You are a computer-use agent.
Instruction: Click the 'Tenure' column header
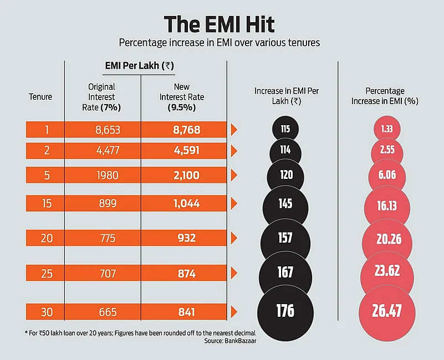click(40, 96)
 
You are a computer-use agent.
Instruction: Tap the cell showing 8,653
click(103, 130)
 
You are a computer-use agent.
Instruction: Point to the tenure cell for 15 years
click(45, 203)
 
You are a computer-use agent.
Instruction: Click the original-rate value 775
click(103, 238)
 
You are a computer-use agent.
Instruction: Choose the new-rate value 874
click(183, 272)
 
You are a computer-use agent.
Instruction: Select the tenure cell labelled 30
click(45, 312)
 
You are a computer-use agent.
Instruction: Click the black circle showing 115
click(285, 130)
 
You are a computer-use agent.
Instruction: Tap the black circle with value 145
click(285, 204)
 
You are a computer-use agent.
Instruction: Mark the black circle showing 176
click(285, 310)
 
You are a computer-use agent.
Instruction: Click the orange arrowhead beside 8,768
click(234, 130)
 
